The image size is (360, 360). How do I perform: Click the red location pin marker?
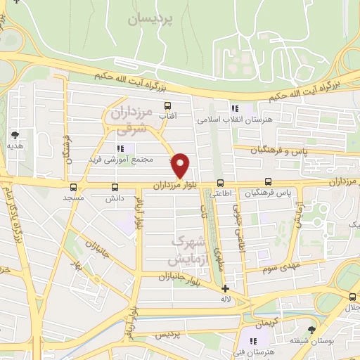181,165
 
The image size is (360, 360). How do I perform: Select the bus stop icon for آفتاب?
167,106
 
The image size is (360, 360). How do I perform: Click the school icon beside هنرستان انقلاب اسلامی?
234,108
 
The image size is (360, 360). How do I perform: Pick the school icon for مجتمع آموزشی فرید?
121,148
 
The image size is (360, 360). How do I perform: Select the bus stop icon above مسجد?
74,187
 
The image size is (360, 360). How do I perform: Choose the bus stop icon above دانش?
115,187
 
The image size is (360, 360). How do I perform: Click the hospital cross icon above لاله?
224,288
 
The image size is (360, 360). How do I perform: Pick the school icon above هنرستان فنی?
253,341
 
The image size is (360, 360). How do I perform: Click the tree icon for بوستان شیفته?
311,330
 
